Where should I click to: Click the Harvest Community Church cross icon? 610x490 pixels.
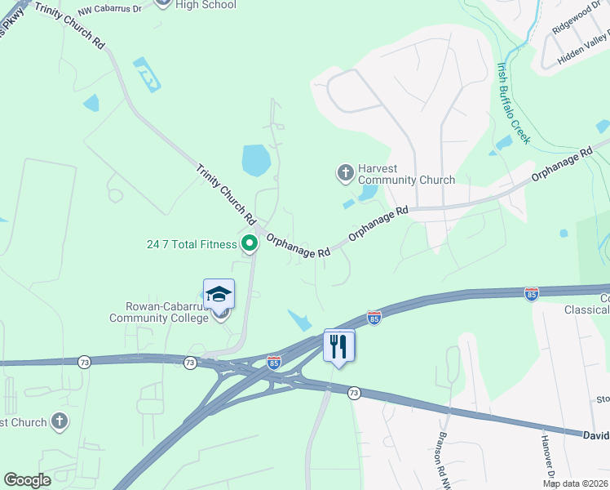click(345, 172)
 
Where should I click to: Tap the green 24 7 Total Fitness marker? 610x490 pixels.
click(250, 243)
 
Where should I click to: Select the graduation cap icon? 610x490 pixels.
click(219, 294)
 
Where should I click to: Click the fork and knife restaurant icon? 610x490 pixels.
click(339, 345)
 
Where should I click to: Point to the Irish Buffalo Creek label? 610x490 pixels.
click(514, 104)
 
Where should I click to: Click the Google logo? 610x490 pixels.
click(27, 480)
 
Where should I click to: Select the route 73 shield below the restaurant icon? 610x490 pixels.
click(354, 393)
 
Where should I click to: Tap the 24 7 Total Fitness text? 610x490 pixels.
click(192, 243)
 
